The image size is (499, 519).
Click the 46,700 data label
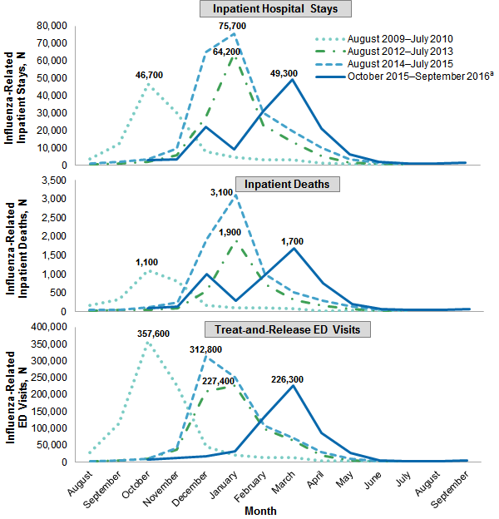click(149, 75)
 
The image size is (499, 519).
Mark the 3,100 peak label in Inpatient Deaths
click(232, 193)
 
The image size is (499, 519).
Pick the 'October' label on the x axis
click(136, 482)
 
